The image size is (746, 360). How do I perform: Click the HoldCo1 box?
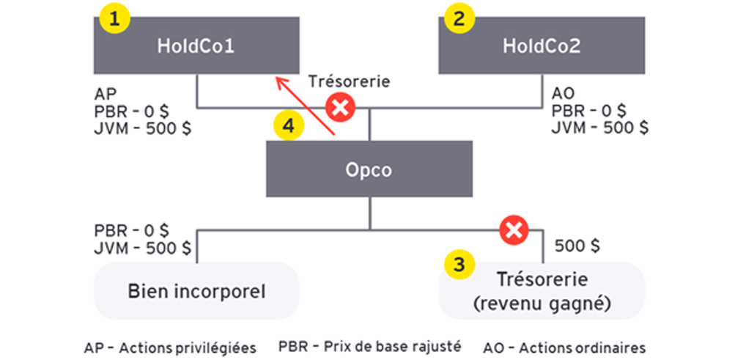coord(198,45)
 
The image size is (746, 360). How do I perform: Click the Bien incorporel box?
coord(196,290)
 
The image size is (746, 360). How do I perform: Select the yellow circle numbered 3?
coord(459,265)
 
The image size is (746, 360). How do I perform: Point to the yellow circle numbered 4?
coord(289,126)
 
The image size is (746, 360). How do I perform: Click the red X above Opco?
coord(340,109)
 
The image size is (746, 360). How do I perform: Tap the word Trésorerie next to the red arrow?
coord(349,81)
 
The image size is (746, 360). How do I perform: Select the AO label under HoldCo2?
coord(562,95)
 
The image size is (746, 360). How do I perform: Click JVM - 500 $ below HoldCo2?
coord(599,127)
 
